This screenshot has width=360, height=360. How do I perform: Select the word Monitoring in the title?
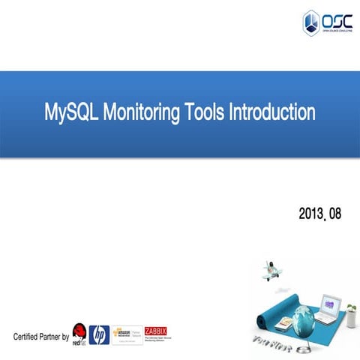pos(139,113)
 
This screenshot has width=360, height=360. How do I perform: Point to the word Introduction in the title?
pos(271,113)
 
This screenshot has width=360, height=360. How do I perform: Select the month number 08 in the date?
pos(334,214)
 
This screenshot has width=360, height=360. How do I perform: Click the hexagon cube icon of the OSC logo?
pos(310,22)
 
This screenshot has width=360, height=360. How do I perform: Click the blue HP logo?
pos(99,334)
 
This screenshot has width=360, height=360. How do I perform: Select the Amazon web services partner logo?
pos(127,334)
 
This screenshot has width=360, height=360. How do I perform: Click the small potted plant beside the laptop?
pos(349,308)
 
